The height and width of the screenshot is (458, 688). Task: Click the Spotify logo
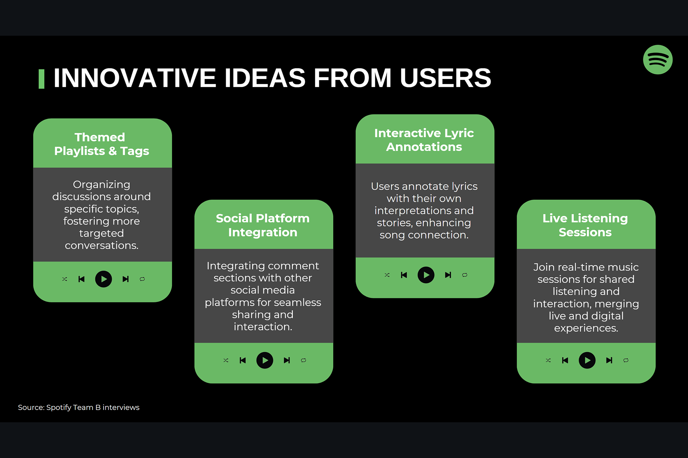658,60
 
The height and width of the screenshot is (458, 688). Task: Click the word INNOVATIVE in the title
135,78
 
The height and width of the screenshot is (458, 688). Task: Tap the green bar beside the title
41,79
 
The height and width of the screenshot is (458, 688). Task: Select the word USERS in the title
445,78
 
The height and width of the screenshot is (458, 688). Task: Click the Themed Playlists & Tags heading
101,144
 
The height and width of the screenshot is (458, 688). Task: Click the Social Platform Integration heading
263,225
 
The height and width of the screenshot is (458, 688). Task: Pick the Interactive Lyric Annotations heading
424,140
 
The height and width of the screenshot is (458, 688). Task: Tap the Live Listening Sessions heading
585,225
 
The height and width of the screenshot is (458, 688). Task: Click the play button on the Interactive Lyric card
426,275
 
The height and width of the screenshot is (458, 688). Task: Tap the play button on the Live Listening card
587,360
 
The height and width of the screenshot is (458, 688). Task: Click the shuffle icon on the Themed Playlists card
64,279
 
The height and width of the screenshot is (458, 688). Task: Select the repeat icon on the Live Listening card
626,360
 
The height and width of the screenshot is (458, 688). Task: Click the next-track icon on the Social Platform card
287,360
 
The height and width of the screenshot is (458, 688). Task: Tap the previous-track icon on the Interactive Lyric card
404,275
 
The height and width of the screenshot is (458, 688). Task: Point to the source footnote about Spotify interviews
78,407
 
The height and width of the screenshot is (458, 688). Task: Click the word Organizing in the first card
101,185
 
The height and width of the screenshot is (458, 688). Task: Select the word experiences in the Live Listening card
586,328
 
